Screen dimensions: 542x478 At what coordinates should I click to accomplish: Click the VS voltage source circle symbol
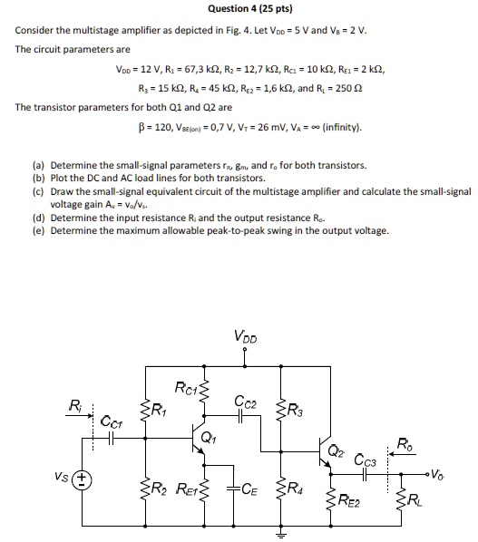(x=81, y=479)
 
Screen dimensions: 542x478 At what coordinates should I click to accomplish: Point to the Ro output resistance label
(x=404, y=443)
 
